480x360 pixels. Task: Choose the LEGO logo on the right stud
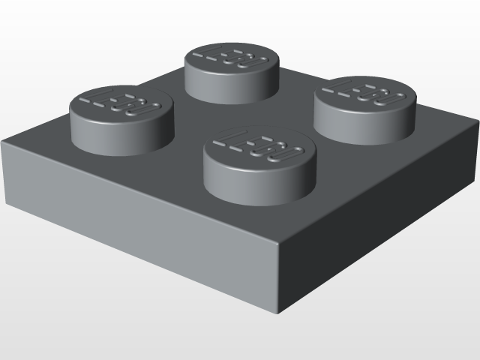(365, 94)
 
